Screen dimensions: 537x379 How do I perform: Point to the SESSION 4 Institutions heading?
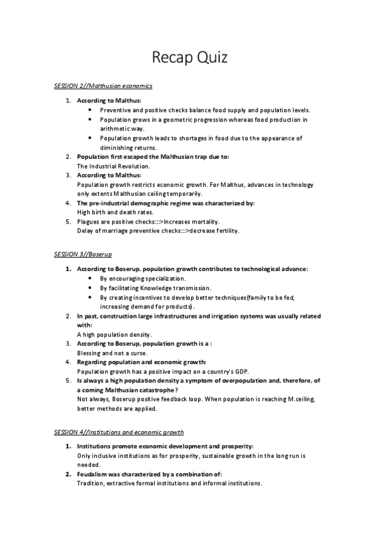click(x=119, y=432)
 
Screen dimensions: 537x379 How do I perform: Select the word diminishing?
click(x=116, y=148)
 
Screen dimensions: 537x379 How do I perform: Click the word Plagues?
click(x=90, y=222)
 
